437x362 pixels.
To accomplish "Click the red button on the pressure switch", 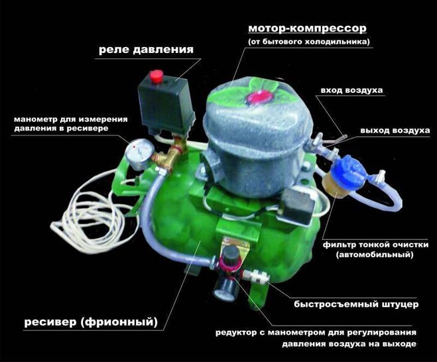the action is pos(156,76).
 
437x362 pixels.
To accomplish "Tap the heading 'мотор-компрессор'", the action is pos(307,29).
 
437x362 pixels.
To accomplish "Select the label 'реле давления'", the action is pos(146,50).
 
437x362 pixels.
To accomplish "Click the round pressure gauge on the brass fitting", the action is pos(139,154).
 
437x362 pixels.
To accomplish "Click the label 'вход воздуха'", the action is pos(351,91).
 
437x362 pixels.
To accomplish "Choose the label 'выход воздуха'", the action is pos(395,131).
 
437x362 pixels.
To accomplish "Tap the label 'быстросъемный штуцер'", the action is pos(356,304).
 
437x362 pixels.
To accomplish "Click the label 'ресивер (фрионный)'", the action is pos(91,322).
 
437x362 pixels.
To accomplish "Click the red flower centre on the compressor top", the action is pos(259,97).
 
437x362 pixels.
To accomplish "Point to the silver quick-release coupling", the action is pos(256,276).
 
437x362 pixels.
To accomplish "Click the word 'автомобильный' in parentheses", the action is pos(374,255).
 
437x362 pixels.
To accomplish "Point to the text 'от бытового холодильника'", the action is pos(309,42).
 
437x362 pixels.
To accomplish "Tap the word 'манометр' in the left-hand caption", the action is pos(35,119).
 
